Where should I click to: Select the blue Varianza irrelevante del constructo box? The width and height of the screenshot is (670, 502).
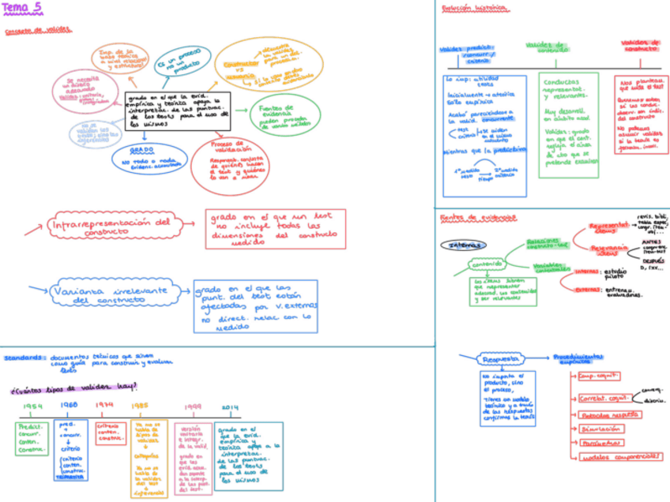point(110,294)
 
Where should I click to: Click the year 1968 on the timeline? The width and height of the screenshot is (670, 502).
point(69,406)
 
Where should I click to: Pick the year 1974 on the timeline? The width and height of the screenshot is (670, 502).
point(105,406)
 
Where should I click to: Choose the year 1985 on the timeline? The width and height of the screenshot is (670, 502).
point(140,406)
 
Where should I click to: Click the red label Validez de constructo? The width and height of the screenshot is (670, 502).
point(641,45)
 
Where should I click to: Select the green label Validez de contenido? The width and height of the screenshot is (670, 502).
point(547,47)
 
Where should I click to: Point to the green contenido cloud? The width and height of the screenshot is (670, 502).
point(487,264)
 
